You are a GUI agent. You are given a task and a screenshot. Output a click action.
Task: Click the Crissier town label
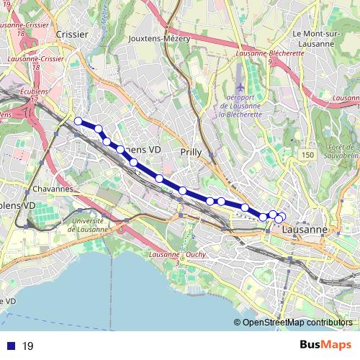[x=71, y=34]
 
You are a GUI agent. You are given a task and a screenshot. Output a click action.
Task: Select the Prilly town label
[x=191, y=152]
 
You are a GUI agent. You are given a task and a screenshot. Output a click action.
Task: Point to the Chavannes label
[x=53, y=189]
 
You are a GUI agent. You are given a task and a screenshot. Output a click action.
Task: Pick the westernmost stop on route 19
[x=78, y=122]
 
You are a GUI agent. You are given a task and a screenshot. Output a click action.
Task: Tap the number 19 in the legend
[x=28, y=346]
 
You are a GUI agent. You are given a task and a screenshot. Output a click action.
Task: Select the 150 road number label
[x=308, y=156]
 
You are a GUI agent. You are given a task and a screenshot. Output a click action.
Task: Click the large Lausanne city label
[x=305, y=230]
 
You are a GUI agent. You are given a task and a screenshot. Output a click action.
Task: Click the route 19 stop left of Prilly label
[x=158, y=178]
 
